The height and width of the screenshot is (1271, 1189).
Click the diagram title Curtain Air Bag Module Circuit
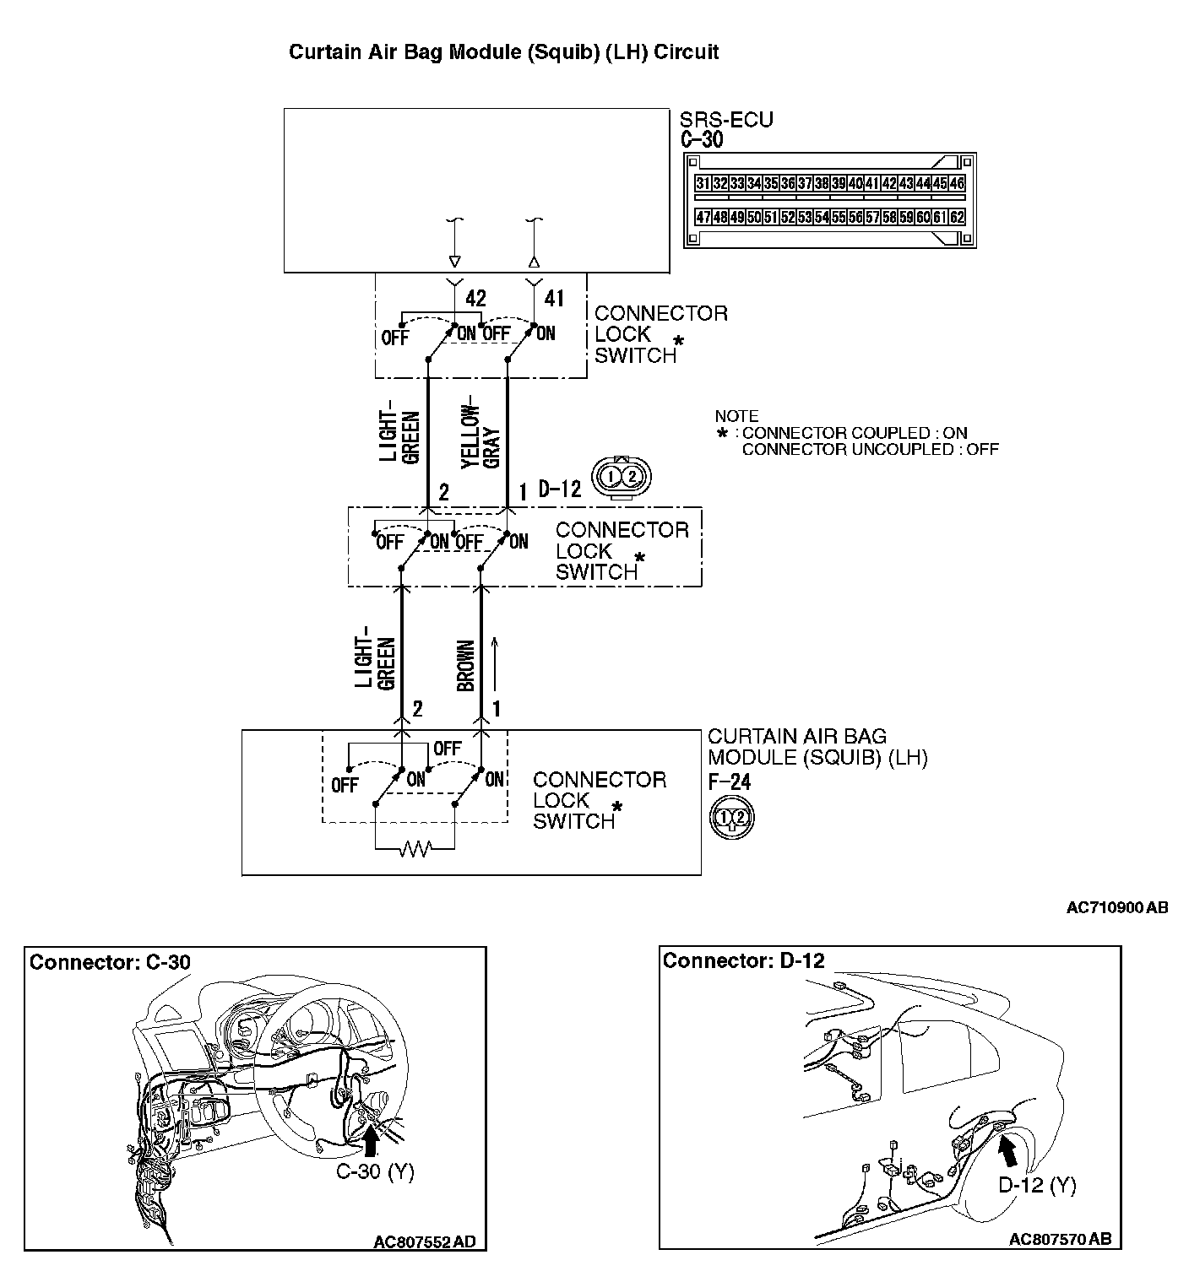click(x=503, y=51)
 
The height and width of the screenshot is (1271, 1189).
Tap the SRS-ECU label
click(x=726, y=120)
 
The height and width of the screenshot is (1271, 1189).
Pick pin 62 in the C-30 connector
click(x=957, y=217)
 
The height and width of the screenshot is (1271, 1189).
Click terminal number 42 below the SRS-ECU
click(x=476, y=298)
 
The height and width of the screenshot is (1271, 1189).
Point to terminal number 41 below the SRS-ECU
click(x=554, y=298)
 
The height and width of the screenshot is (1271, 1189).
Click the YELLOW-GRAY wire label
click(x=481, y=430)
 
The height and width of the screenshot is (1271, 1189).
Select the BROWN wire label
click(x=465, y=666)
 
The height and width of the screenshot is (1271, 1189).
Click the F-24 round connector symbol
click(x=732, y=817)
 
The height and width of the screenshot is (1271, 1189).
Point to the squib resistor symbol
click(x=415, y=847)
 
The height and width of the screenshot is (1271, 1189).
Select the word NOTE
click(x=736, y=416)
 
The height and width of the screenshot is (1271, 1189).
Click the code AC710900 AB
click(x=1117, y=908)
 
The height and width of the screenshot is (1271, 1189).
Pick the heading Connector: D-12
click(x=743, y=960)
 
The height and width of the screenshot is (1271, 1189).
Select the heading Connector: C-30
click(x=110, y=962)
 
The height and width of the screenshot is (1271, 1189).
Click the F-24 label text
click(x=729, y=781)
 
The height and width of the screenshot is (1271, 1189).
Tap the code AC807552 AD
click(x=425, y=1241)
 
